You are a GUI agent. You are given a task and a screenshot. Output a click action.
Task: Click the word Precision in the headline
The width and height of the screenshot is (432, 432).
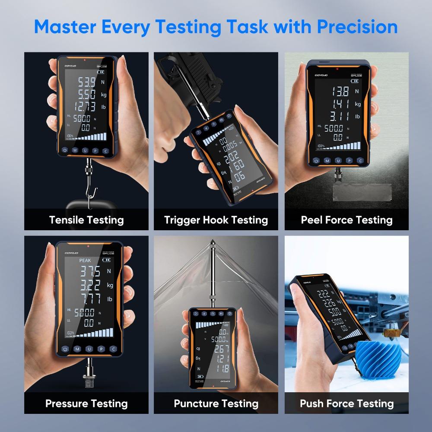pos(357,26)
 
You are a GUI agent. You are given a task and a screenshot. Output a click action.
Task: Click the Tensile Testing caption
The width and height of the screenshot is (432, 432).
pos(86,220)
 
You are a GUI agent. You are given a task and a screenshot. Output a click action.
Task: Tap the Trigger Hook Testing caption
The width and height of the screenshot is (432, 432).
pos(216,220)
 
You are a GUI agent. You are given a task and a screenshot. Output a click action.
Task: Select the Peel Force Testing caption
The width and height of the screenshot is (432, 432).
pos(346,220)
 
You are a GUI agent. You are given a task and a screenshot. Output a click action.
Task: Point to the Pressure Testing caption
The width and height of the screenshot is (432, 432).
pos(86,404)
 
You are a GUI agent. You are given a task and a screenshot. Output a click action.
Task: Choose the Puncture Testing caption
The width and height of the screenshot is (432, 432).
pos(216,404)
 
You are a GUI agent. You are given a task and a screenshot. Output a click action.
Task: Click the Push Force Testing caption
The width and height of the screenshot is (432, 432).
pos(346,404)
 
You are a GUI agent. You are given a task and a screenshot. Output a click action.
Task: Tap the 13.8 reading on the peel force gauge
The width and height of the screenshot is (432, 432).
pos(340,91)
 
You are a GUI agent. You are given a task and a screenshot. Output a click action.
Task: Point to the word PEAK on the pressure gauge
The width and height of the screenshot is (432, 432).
pos(85,260)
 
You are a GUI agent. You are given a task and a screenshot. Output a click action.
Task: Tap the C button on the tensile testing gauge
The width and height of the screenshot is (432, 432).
pos(106,151)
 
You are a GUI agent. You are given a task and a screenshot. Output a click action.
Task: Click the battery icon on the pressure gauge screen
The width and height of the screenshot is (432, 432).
pos(107,260)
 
